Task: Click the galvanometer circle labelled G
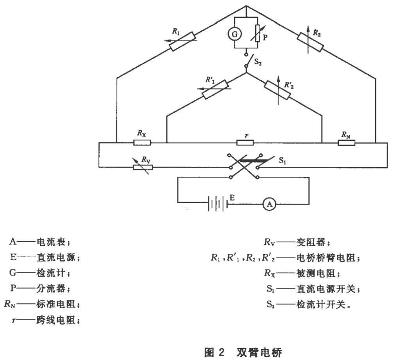tap(235, 34)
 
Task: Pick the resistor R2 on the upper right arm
tap(310, 42)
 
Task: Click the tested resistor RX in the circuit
tap(141, 141)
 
